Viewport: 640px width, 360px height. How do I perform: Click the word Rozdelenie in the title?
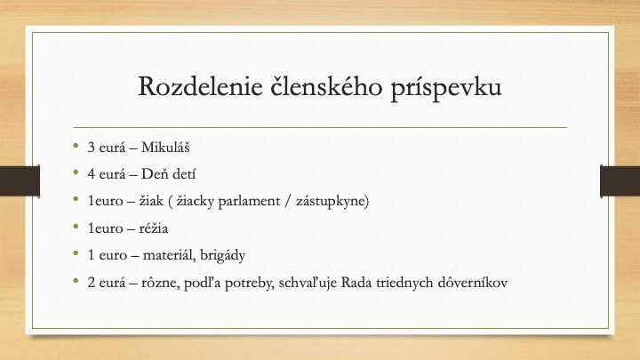click(200, 86)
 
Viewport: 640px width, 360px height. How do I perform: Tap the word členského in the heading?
click(326, 86)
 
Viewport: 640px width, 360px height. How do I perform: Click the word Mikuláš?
click(165, 147)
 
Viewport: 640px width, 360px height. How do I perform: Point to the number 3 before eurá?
click(91, 148)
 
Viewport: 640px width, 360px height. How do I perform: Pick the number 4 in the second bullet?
click(91, 174)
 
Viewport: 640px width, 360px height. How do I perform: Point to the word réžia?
click(154, 228)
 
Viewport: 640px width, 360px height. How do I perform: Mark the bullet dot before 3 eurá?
click(76, 145)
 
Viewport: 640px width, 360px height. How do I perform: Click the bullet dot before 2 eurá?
click(76, 280)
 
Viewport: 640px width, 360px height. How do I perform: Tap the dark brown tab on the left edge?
click(20, 180)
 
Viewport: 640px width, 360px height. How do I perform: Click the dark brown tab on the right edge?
click(620, 180)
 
